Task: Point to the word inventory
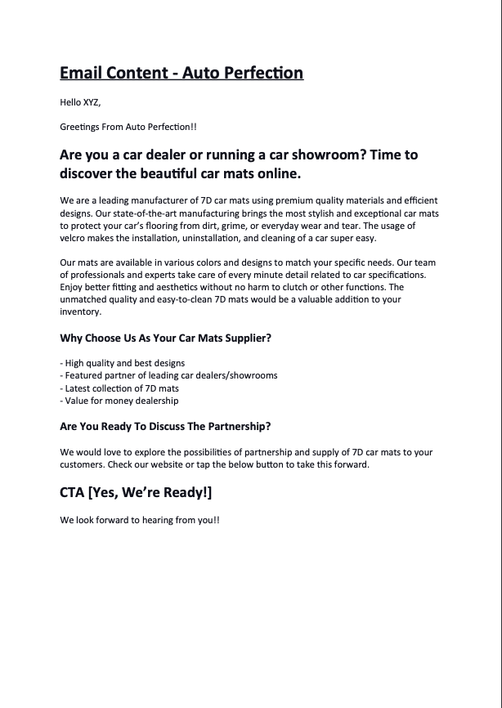pos(80,311)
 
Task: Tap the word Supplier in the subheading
pos(243,338)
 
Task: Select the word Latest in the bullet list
pos(79,388)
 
